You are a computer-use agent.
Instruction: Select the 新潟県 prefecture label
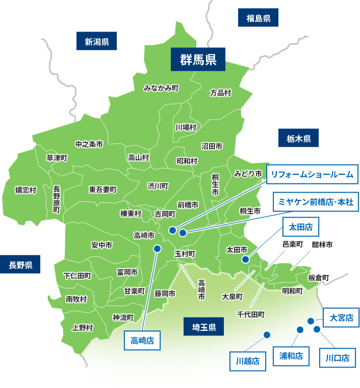97,41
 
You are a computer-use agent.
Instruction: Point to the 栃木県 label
299,138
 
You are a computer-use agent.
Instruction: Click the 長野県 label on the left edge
20,265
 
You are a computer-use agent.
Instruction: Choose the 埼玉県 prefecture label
200,327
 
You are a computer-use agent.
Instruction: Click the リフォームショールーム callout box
312,175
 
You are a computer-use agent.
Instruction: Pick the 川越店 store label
248,361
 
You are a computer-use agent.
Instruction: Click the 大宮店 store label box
342,318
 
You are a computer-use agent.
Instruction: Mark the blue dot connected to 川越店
266,334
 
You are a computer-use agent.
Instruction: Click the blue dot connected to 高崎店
157,248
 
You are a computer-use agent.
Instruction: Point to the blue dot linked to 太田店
246,260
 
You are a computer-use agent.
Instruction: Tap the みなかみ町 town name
161,88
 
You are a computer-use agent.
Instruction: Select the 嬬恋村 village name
25,190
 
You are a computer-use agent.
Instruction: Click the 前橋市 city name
188,204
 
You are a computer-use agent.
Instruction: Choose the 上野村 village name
83,327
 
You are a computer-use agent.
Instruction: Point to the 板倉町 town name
319,277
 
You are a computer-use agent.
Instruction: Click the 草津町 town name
57,158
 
